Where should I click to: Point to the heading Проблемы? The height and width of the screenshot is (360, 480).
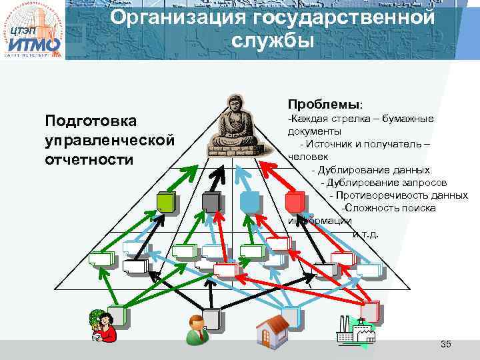click(x=325, y=105)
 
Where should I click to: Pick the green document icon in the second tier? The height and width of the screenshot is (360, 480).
click(x=166, y=202)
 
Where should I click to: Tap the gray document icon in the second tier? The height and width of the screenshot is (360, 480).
click(x=211, y=202)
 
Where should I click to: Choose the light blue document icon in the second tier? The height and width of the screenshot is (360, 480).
click(x=249, y=201)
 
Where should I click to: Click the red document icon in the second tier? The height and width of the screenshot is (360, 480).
click(x=293, y=201)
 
